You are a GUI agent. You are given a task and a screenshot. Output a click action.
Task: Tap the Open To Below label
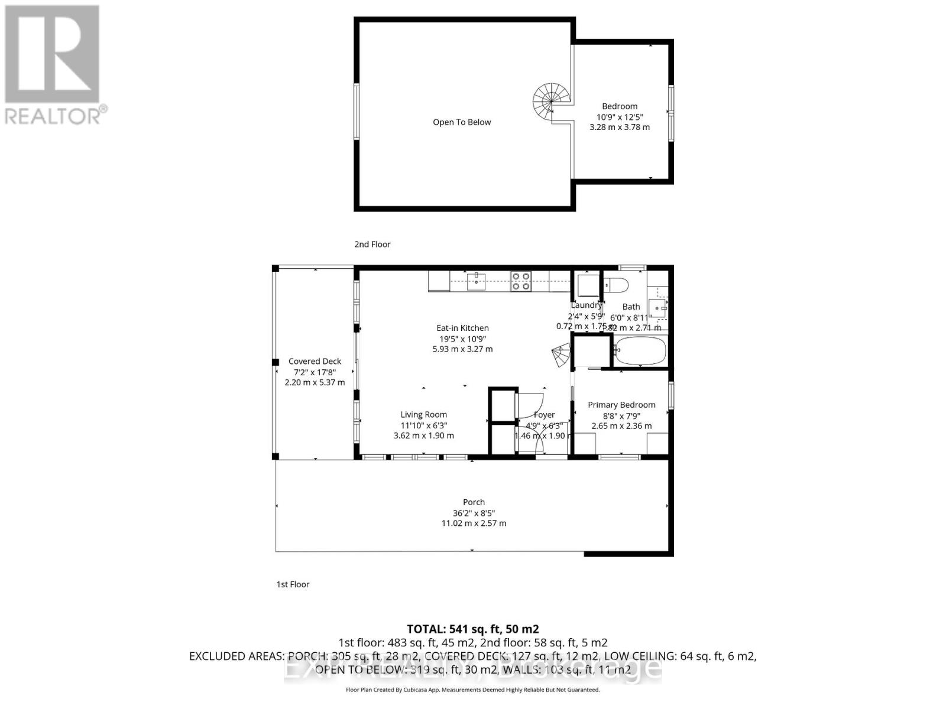click(462, 122)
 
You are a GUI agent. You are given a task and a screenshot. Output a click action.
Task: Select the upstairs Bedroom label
click(620, 106)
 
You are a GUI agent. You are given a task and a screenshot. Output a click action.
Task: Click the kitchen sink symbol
click(476, 281)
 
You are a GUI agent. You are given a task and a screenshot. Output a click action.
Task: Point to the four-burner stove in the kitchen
click(521, 281)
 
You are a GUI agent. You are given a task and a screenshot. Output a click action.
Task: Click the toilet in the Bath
click(616, 285)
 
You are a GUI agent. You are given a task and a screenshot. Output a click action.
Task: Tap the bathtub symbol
click(640, 352)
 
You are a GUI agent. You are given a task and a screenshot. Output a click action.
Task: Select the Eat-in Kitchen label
click(462, 328)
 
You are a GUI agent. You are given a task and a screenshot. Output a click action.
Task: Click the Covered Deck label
click(315, 361)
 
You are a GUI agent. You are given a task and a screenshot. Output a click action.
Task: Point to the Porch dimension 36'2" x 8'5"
click(474, 513)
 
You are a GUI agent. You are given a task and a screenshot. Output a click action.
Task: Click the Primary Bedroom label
click(621, 405)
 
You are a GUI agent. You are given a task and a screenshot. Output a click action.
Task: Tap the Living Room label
click(423, 415)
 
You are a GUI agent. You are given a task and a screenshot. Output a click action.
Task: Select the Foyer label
click(544, 415)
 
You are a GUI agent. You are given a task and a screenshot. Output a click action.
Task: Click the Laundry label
click(586, 305)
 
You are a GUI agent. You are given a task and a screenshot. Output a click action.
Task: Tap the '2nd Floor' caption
click(372, 244)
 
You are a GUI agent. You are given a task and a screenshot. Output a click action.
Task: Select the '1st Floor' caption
click(293, 584)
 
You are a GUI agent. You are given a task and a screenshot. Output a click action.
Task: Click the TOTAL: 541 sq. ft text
click(472, 629)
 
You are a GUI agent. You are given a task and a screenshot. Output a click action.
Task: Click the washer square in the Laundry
click(588, 286)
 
